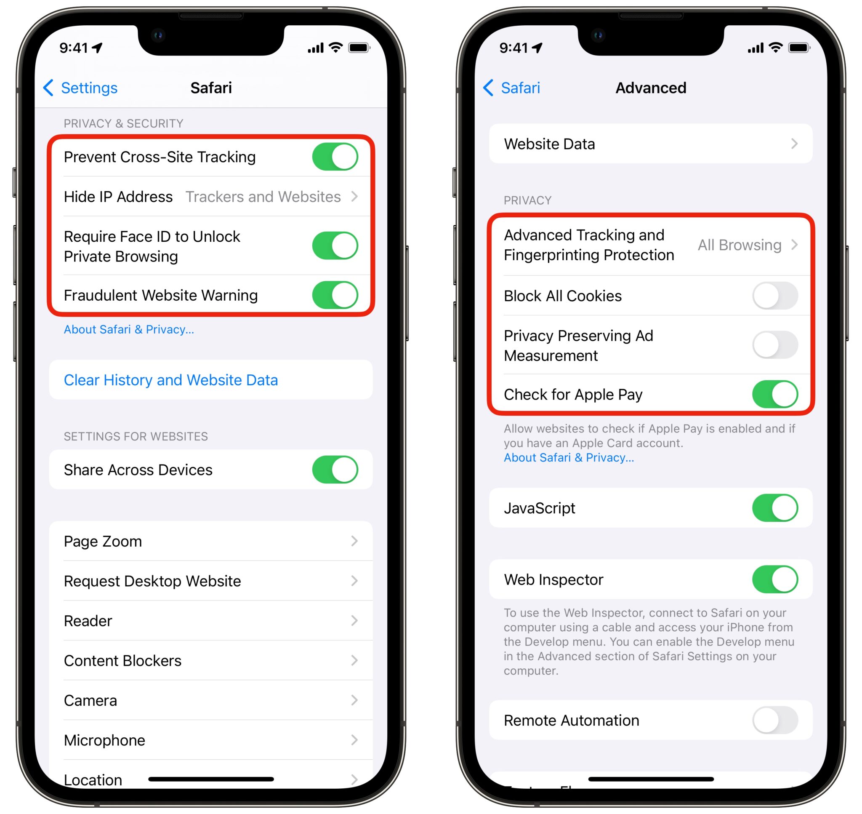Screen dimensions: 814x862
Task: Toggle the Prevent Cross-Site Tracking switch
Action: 335,157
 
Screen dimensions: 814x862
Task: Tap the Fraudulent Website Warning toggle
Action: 335,295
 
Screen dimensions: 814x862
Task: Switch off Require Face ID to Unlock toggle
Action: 335,246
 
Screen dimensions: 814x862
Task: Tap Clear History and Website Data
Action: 170,380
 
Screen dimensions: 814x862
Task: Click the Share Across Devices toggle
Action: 335,470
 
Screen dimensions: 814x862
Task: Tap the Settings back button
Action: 81,88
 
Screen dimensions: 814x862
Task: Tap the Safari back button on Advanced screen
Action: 512,88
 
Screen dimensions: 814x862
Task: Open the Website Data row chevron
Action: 794,144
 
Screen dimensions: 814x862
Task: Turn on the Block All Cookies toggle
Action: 775,296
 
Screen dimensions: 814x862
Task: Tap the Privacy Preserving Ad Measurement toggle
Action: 775,345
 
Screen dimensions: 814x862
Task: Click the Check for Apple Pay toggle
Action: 775,395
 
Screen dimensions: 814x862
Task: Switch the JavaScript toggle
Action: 775,508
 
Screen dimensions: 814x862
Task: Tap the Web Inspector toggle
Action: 775,579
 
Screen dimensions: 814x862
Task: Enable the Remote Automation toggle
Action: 775,720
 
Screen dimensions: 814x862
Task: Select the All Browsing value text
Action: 739,245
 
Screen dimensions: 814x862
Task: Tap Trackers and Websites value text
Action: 263,197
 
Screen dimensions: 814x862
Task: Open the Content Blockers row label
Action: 123,661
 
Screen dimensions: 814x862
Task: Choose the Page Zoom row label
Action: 103,542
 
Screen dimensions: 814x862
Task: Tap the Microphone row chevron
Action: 354,740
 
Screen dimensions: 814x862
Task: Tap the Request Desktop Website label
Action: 152,581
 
